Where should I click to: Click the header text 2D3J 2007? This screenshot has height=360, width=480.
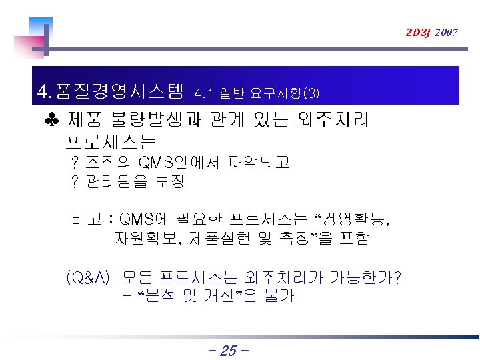click(431, 32)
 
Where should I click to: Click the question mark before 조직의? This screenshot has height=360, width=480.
click(75, 162)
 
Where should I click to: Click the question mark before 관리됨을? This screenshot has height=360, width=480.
click(75, 181)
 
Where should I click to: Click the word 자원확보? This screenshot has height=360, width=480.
click(143, 237)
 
